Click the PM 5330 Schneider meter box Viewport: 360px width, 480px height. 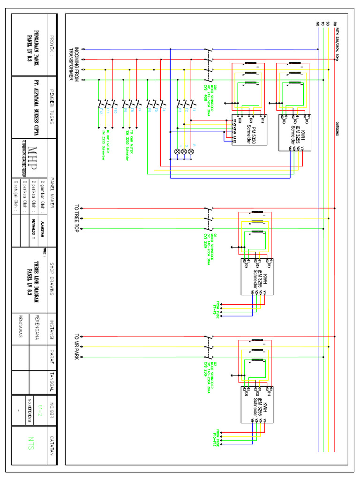coord(249,130)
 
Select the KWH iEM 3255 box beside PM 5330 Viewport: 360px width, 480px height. coord(294,132)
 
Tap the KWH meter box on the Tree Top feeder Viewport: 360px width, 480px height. coord(257,277)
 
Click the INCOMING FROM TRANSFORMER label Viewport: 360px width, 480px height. coord(75,64)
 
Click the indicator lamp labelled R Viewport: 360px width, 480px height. coord(191,151)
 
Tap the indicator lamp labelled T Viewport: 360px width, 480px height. coord(178,151)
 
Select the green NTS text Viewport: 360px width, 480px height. coord(31,443)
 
